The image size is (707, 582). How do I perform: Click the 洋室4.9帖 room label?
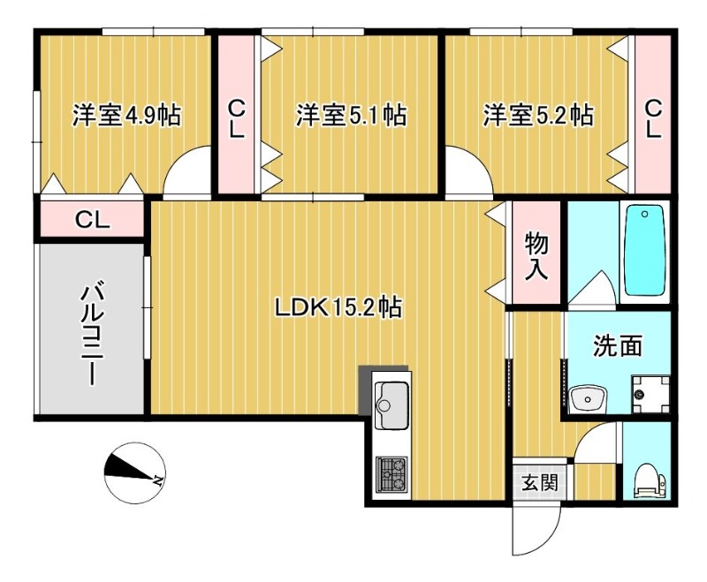[126, 115]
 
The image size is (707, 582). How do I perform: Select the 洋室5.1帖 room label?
[351, 115]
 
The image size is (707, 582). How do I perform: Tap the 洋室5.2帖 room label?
[537, 115]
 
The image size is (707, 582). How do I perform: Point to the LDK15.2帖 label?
[338, 307]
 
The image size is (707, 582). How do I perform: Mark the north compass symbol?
[133, 471]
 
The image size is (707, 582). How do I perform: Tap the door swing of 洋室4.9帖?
[187, 173]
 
